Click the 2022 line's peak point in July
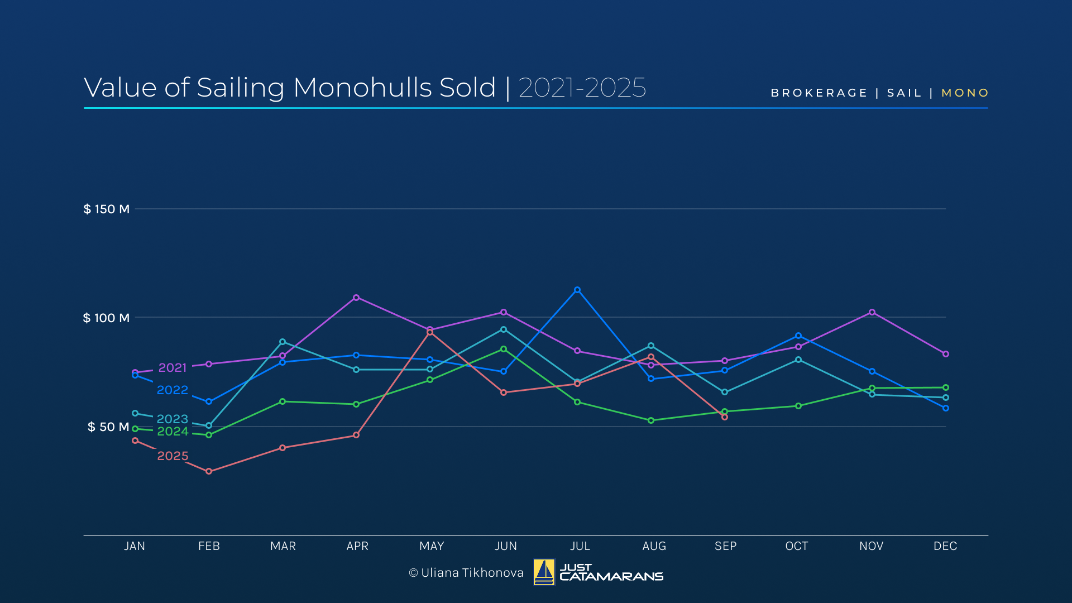(x=577, y=290)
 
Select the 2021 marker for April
(x=356, y=298)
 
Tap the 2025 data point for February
(x=209, y=471)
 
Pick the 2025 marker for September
(x=725, y=417)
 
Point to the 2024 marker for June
(x=504, y=349)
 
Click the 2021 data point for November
(x=872, y=312)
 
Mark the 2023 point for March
(x=283, y=342)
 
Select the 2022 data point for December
(x=946, y=408)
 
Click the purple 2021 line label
(x=173, y=367)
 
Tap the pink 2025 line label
(x=173, y=456)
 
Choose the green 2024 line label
(x=173, y=431)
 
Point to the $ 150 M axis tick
(x=107, y=209)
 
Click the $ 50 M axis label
(x=108, y=427)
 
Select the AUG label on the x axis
(x=654, y=546)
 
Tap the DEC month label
(x=945, y=546)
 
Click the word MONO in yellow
(x=965, y=93)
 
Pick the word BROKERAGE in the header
(x=819, y=93)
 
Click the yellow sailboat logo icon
(x=544, y=572)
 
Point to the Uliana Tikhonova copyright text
(x=466, y=573)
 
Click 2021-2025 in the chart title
(x=582, y=88)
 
